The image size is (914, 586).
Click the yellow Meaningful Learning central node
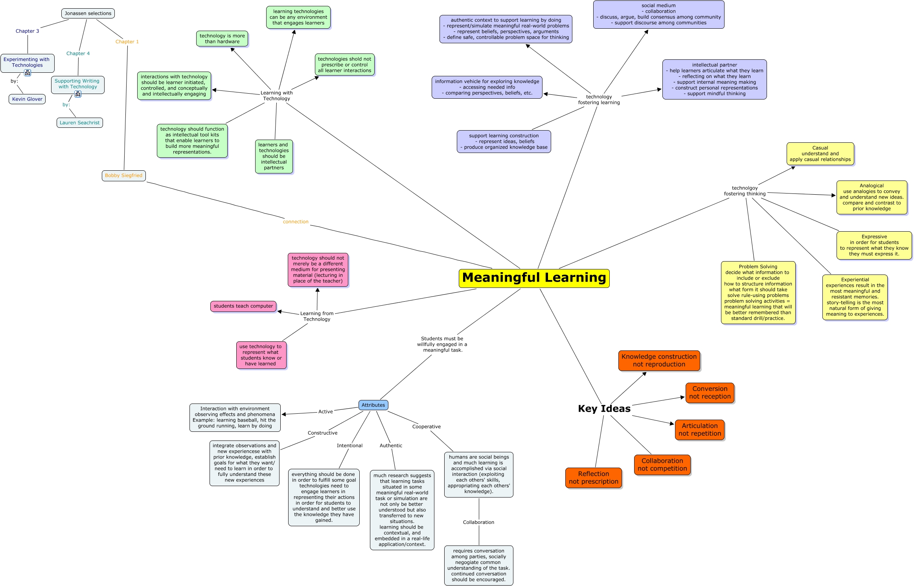tap(534, 278)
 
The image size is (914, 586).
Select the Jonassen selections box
tap(88, 13)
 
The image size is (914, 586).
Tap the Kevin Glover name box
tap(27, 99)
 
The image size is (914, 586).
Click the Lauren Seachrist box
tap(80, 123)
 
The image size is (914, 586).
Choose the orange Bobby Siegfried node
tap(124, 175)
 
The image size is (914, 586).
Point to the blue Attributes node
tap(373, 405)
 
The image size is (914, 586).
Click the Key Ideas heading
tap(604, 409)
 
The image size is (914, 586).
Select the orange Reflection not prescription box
tap(593, 478)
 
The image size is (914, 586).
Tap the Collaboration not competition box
tap(662, 465)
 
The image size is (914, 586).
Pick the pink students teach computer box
tap(243, 306)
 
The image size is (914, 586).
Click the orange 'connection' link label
tap(296, 222)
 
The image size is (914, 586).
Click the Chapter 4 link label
tap(78, 53)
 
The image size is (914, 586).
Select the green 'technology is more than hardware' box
tap(222, 39)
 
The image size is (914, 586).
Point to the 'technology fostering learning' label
tap(599, 100)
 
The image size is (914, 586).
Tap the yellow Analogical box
tap(872, 197)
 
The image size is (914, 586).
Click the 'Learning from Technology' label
tap(317, 316)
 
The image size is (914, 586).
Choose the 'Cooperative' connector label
tap(426, 427)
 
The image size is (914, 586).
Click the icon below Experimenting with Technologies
tap(28, 73)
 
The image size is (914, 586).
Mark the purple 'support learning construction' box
tap(504, 142)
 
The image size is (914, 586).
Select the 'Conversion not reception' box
tap(710, 393)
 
